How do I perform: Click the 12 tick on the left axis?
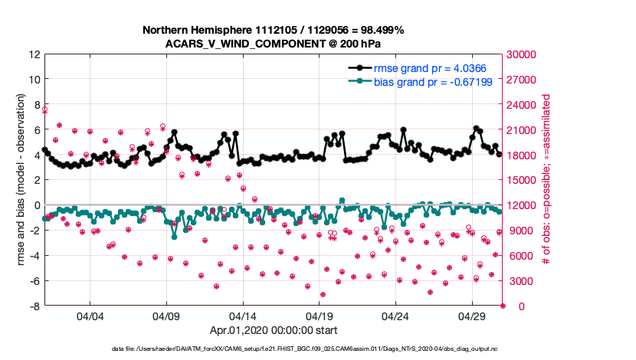coord(34,54)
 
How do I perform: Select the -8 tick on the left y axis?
coord(34,306)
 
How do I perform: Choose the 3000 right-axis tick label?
coord(521,281)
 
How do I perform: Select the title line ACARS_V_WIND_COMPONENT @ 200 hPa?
coord(273,43)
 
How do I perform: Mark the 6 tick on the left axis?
coord(37,130)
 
